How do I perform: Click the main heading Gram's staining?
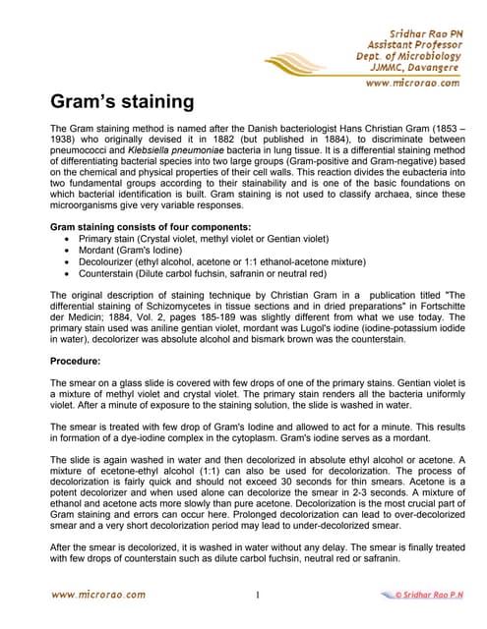[x=122, y=102]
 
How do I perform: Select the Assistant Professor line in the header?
[x=413, y=44]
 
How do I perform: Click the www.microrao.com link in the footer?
[x=97, y=595]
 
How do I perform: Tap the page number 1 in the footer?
[x=256, y=596]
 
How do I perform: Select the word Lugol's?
[x=302, y=328]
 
